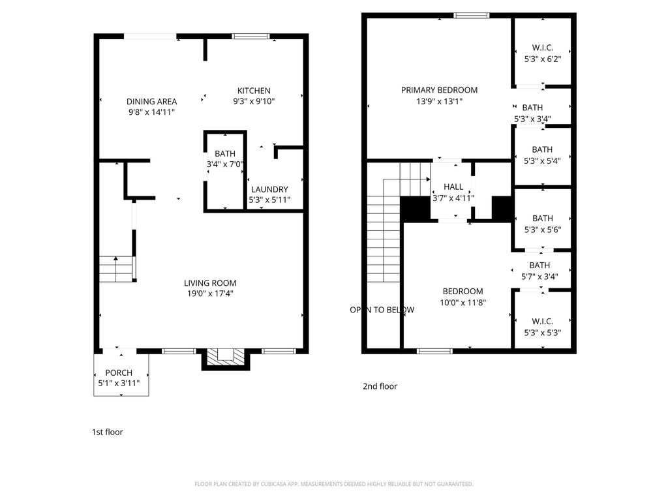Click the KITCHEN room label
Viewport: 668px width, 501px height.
click(254, 91)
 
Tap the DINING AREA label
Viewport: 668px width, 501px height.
click(151, 101)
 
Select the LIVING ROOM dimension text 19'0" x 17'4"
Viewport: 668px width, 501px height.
click(210, 294)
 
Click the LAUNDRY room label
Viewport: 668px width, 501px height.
click(269, 190)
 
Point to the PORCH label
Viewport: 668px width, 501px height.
click(119, 372)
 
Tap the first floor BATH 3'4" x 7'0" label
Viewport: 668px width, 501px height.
click(225, 159)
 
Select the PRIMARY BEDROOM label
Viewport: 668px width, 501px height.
click(439, 90)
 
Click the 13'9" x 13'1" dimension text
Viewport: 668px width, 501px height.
click(439, 101)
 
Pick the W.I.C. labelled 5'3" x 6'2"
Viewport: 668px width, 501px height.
click(542, 53)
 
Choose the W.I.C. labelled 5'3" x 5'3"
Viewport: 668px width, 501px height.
click(542, 327)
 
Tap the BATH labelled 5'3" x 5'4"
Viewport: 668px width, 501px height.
click(542, 155)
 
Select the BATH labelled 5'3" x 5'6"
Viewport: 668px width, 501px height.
click(542, 224)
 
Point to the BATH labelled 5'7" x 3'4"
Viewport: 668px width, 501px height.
click(539, 271)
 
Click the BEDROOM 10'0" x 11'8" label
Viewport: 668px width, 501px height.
click(463, 297)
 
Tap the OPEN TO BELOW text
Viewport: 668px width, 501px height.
click(382, 310)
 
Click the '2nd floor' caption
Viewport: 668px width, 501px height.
click(380, 386)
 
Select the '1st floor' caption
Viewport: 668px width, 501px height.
click(108, 432)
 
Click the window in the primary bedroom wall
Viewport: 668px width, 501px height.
click(471, 16)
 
